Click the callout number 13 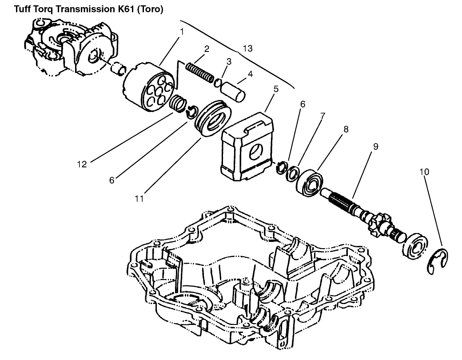click(x=247, y=48)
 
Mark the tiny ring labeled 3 click(x=218, y=83)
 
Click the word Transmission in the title click(x=78, y=8)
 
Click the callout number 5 click(x=275, y=89)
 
